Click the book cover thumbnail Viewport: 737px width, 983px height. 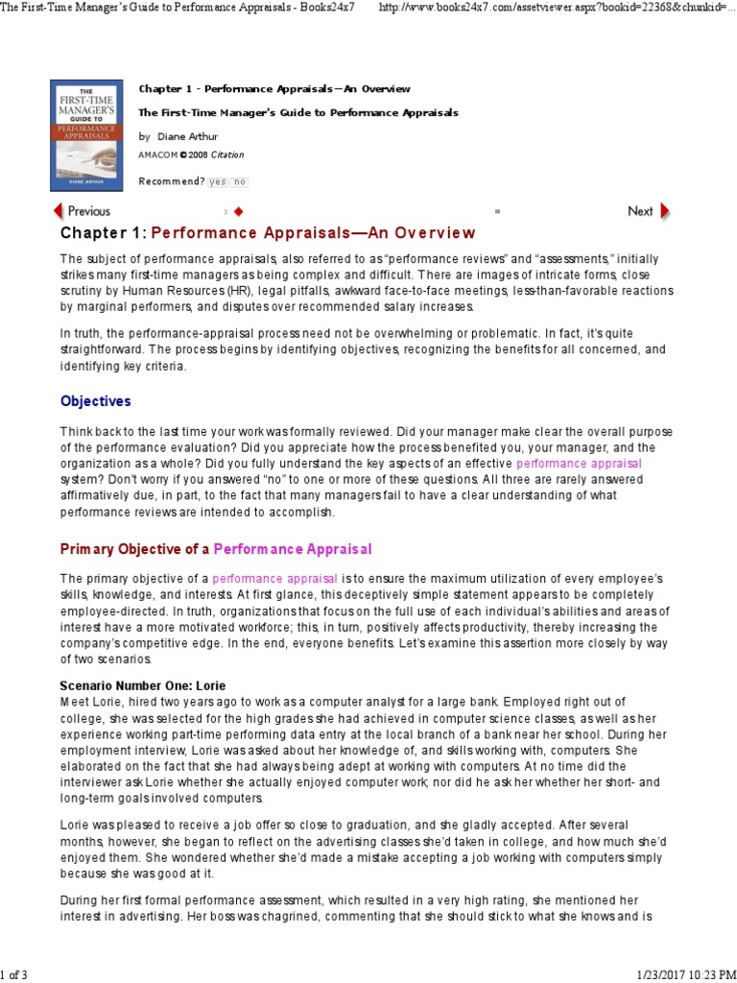click(x=87, y=134)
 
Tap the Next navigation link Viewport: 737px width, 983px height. click(x=640, y=211)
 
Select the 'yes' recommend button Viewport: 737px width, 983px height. click(x=217, y=181)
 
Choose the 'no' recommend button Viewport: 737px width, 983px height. click(x=239, y=181)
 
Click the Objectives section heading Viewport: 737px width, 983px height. click(x=95, y=401)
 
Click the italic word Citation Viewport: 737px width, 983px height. click(x=227, y=155)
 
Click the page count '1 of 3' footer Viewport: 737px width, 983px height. click(x=14, y=975)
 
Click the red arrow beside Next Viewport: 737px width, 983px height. click(x=664, y=211)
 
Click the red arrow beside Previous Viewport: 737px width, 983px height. click(x=58, y=211)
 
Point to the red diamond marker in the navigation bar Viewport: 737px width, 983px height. click(x=238, y=211)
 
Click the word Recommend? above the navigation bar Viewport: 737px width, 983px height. click(x=171, y=181)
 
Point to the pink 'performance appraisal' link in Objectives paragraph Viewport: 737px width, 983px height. click(x=579, y=463)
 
